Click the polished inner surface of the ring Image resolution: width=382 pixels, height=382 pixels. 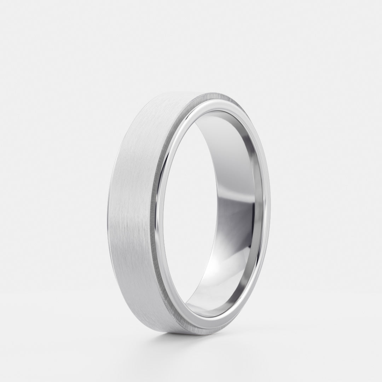pyautogui.click(x=230, y=177)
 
